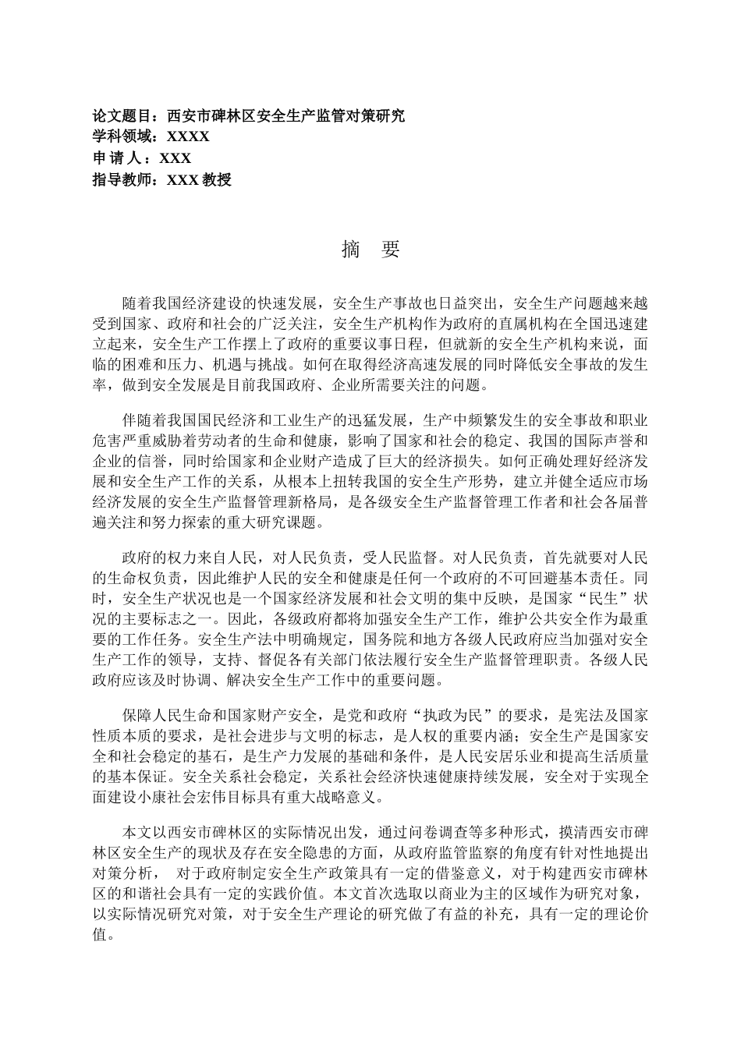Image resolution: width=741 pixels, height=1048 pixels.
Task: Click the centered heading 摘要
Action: click(x=370, y=250)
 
